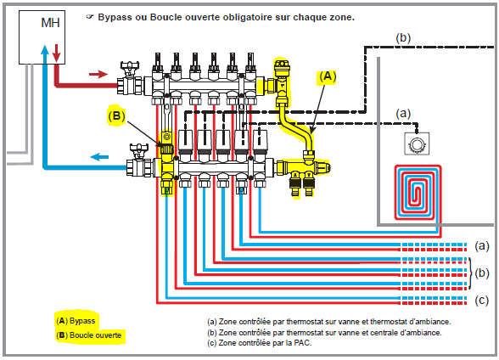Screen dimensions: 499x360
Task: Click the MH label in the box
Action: (x=50, y=23)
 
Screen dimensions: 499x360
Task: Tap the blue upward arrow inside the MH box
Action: (x=45, y=54)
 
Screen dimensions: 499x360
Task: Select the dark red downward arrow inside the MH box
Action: (x=56, y=53)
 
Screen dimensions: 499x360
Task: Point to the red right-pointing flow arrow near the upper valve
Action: (x=98, y=74)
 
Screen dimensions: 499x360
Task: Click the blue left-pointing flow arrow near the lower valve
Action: (x=99, y=156)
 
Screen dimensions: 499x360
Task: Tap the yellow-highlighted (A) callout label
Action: (x=328, y=76)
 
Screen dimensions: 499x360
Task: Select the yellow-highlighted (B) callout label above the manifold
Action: (x=116, y=115)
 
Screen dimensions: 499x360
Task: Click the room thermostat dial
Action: (x=416, y=144)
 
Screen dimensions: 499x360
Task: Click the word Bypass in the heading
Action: (x=115, y=17)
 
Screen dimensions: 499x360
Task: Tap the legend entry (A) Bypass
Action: (x=76, y=321)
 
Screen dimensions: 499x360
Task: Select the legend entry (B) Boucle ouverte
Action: (x=89, y=335)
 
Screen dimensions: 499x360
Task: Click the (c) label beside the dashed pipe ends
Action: (x=481, y=301)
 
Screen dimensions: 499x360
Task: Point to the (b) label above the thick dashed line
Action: (x=403, y=38)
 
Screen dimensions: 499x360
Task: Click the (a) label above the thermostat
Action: (x=403, y=114)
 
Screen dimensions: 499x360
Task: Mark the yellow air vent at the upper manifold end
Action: (x=282, y=67)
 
